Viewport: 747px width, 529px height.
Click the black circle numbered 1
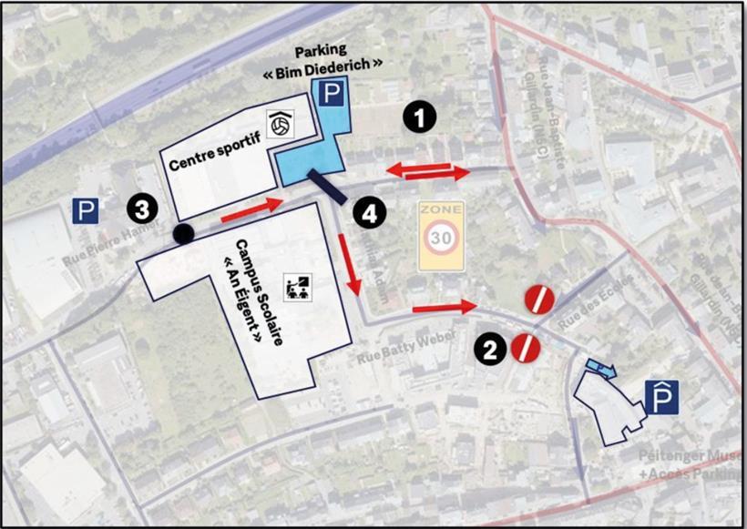(420, 116)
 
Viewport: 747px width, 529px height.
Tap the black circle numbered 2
(490, 349)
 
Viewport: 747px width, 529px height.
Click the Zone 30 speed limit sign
(442, 236)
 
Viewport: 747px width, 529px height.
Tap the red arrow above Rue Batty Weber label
(445, 308)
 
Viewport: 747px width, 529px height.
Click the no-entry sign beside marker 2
(526, 347)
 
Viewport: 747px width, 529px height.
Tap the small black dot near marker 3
(183, 234)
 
